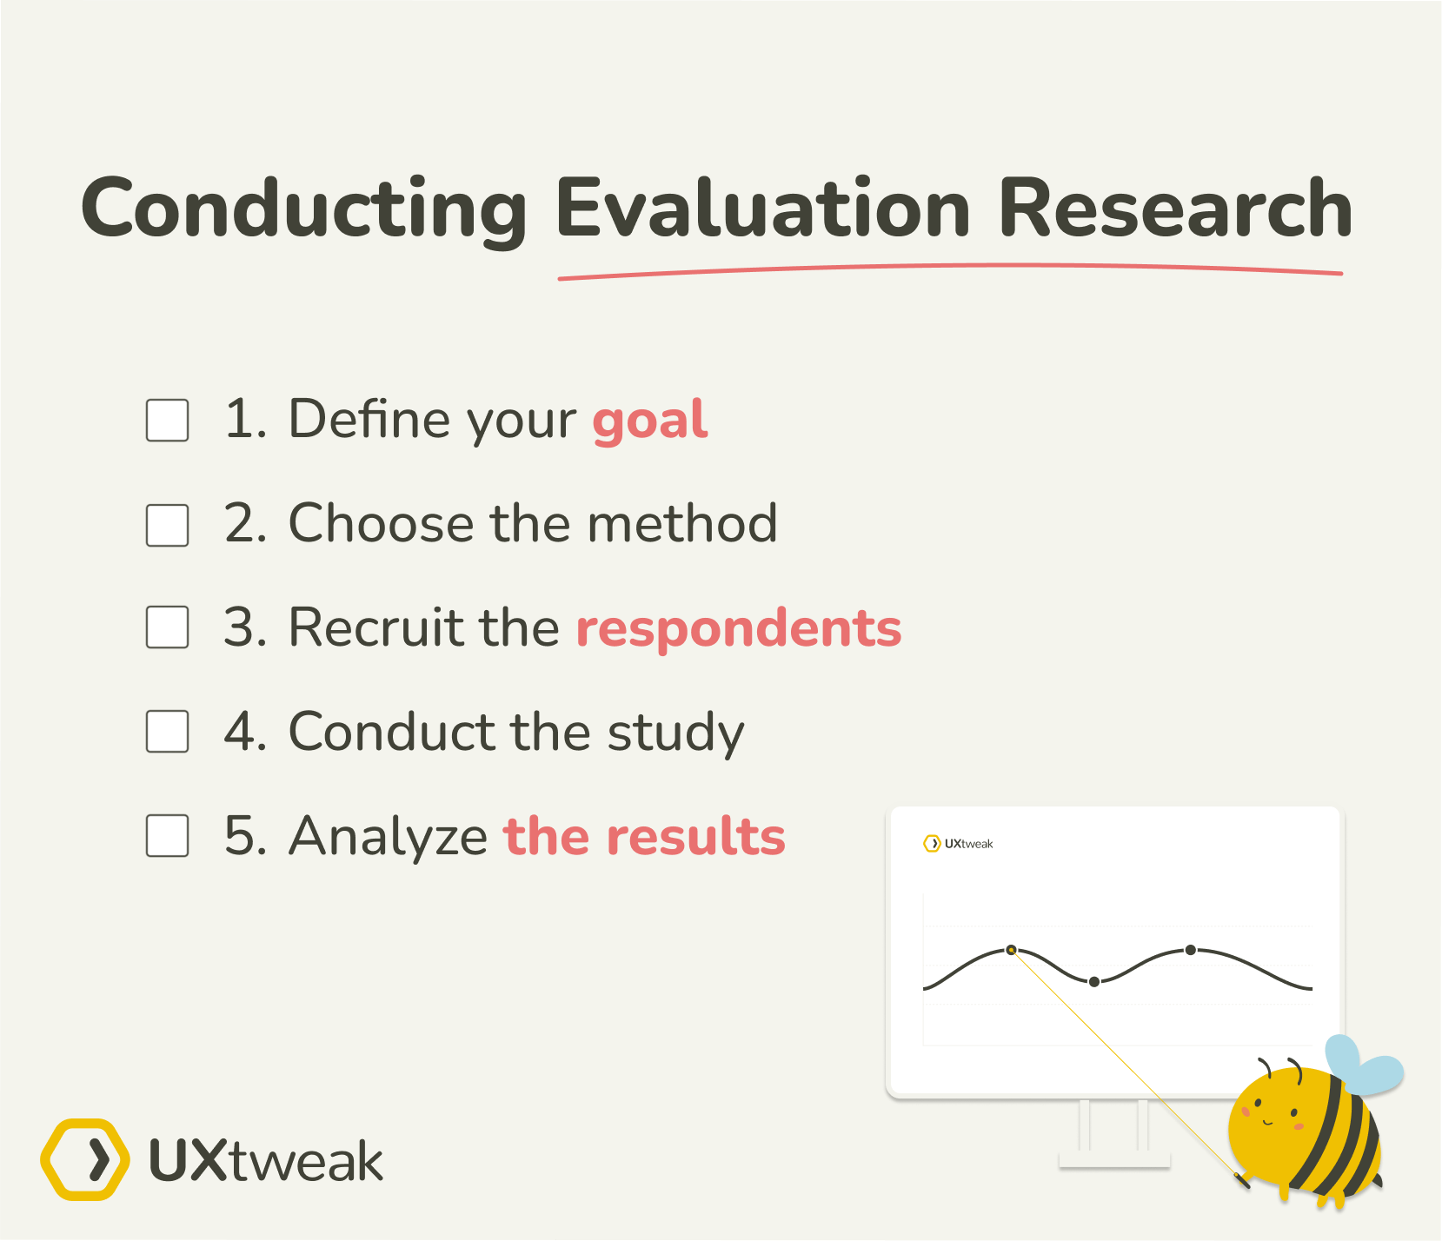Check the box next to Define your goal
point(168,421)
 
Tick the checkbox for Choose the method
point(168,525)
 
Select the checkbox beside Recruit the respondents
point(168,627)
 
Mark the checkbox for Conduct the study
point(168,731)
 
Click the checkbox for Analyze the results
point(168,835)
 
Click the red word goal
point(649,421)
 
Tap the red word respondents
point(739,628)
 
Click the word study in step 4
point(675,733)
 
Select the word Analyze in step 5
point(388,837)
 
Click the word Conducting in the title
point(304,209)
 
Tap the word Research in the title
point(1174,209)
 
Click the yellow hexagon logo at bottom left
point(85,1159)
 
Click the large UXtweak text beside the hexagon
point(265,1161)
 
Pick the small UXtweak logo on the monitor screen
point(958,843)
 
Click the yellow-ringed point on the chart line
point(1011,950)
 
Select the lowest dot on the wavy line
point(1094,981)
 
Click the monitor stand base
point(1114,1159)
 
